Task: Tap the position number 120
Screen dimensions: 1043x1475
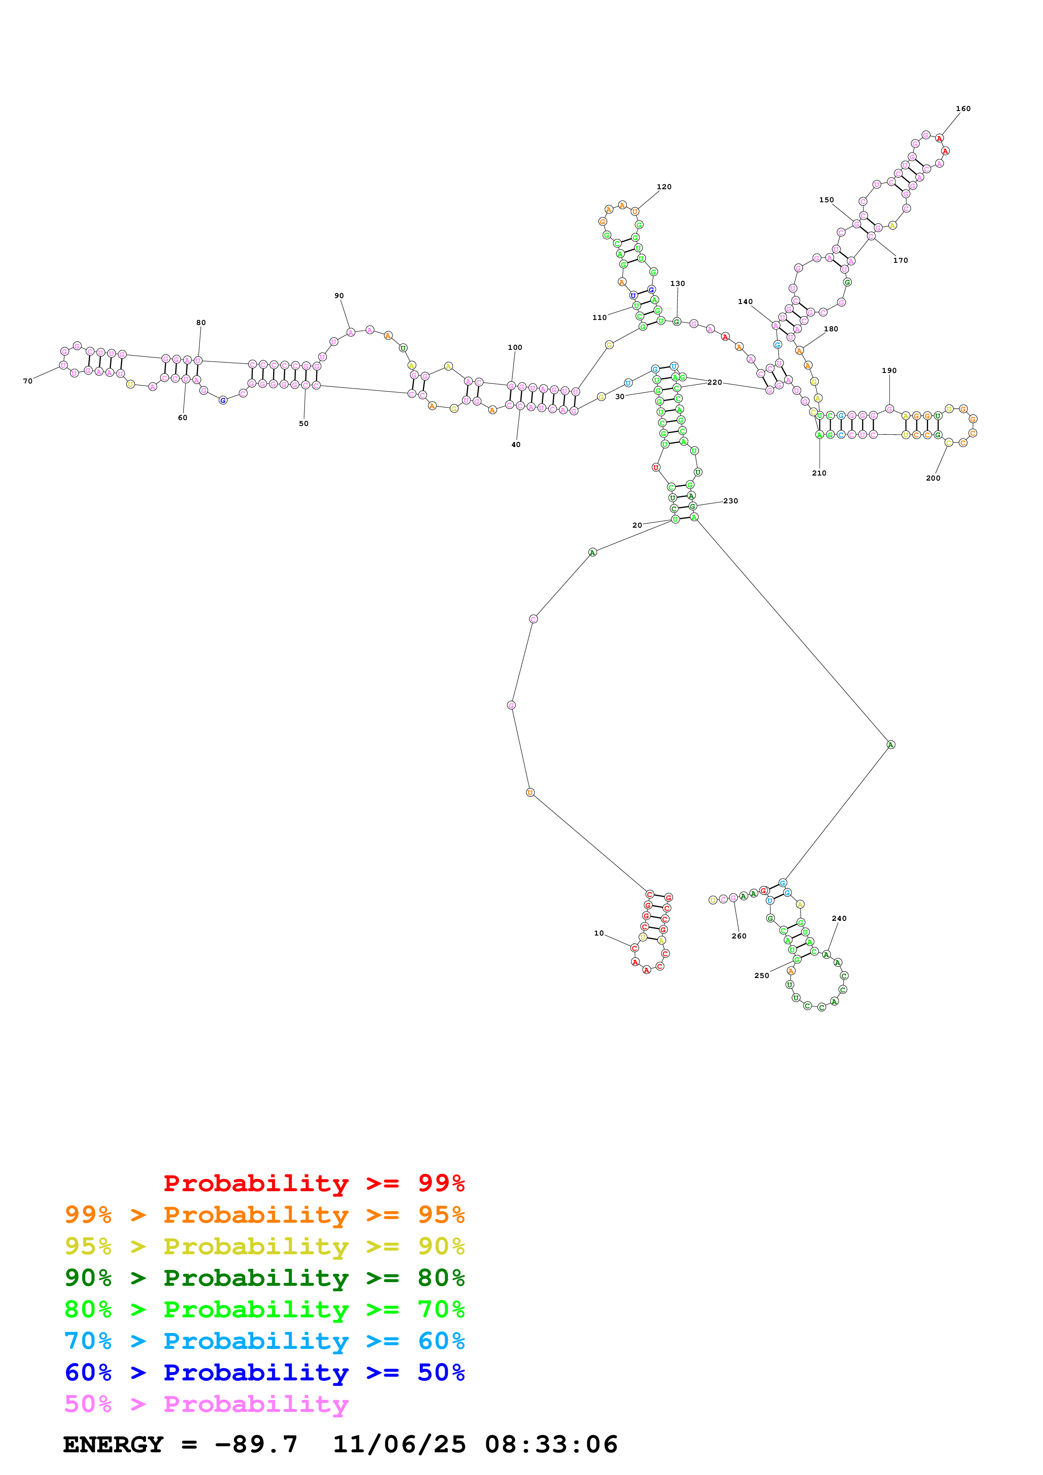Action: coord(664,187)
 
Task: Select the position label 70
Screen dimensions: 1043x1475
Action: coord(28,381)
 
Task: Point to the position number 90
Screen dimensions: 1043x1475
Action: coord(339,296)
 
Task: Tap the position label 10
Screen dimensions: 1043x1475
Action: coord(599,933)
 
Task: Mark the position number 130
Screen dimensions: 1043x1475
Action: coord(677,283)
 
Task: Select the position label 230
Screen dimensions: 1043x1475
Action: coord(731,501)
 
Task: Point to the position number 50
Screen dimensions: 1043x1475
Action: coord(303,424)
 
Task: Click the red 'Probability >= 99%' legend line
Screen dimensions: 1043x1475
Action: coord(313,1183)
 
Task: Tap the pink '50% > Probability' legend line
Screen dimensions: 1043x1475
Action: coord(206,1404)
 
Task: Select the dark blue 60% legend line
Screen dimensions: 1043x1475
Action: coord(264,1373)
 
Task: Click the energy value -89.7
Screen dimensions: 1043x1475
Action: coord(256,1445)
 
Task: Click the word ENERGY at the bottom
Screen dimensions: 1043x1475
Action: coord(113,1445)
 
